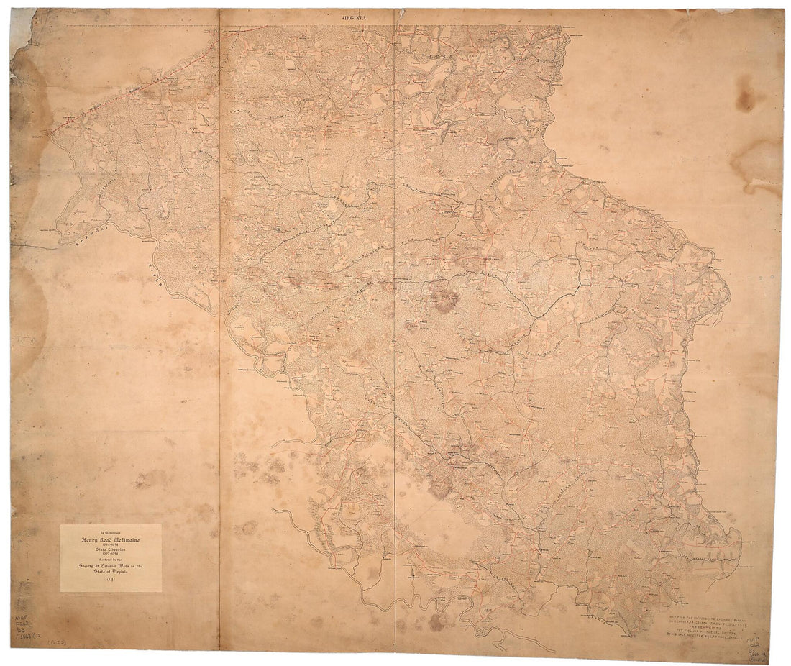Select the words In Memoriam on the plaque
coord(110,530)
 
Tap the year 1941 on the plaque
coord(110,581)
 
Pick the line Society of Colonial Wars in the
coord(110,566)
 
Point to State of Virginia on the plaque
coord(110,573)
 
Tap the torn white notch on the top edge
coord(400,12)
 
